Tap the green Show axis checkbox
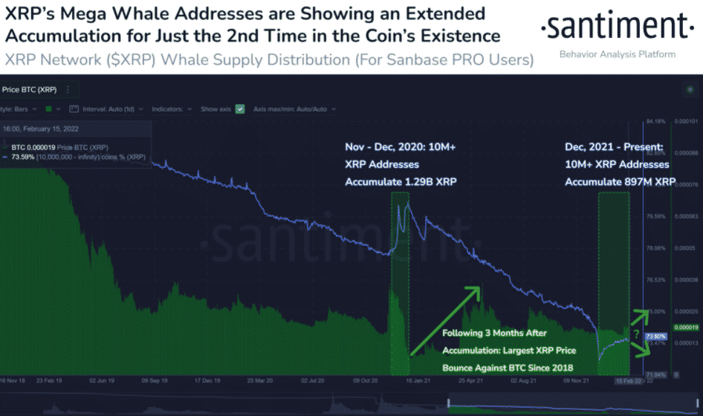240,108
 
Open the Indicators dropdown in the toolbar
172,108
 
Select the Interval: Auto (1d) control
107,108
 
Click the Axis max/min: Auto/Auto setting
294,108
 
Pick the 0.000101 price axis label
684,121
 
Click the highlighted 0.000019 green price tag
684,327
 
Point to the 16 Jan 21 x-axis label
406,380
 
